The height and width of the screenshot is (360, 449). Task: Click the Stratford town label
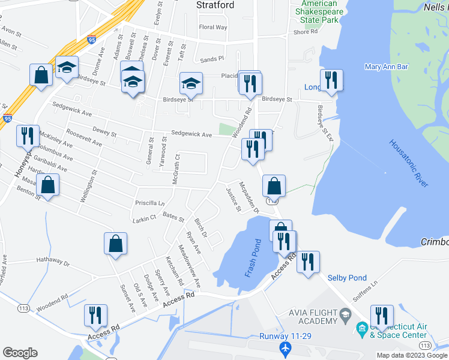215,5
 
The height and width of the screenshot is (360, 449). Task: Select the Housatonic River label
409,164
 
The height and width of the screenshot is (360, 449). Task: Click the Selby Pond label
347,278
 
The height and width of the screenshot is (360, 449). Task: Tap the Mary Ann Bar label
386,67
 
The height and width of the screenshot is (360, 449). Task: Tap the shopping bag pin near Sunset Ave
115,244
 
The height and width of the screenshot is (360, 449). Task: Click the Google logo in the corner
20,353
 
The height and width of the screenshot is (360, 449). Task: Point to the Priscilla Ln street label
150,203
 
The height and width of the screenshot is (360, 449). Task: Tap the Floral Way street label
213,27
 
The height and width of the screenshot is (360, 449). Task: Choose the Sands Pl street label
212,59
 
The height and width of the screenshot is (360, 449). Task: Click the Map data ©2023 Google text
412,355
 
